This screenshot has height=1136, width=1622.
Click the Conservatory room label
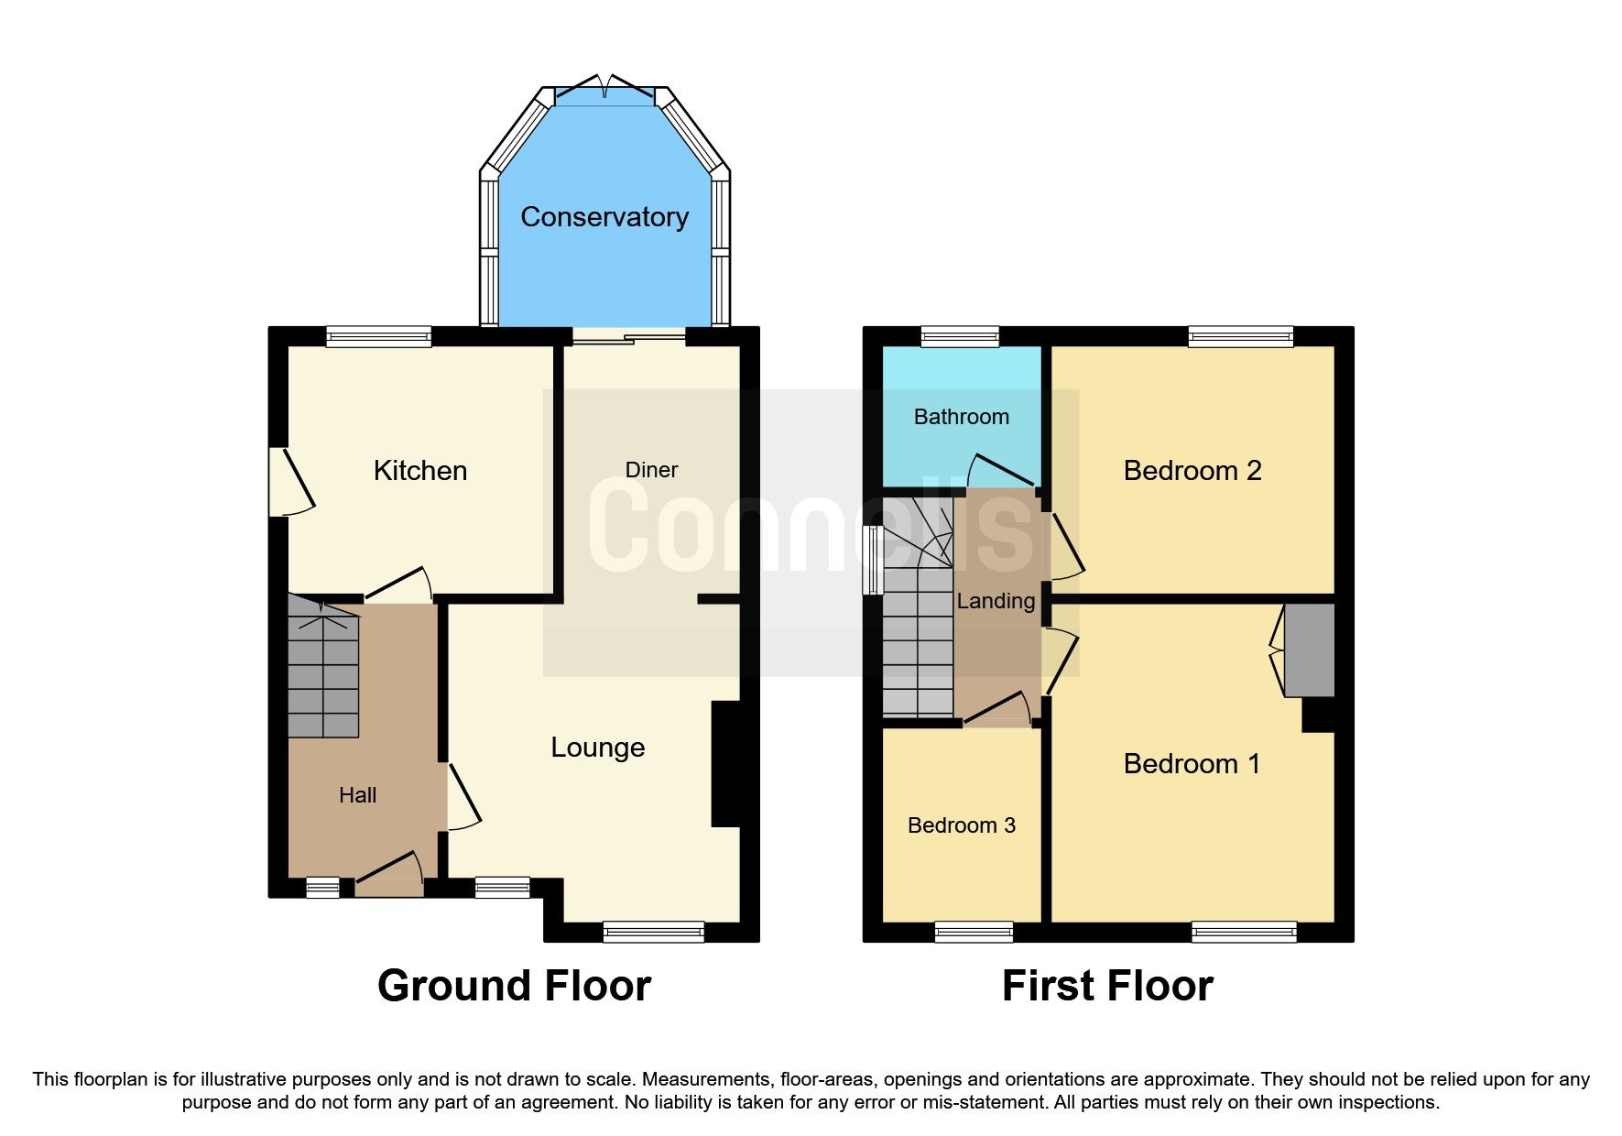tap(604, 217)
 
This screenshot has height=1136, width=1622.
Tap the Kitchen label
tap(420, 471)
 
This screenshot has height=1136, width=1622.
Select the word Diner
tap(651, 470)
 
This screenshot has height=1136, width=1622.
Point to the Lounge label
tap(597, 748)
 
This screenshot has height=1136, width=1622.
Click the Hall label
tap(357, 795)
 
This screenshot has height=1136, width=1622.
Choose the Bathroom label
tap(961, 417)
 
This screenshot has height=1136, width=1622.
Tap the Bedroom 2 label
tap(1192, 471)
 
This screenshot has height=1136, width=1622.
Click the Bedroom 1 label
tap(1192, 764)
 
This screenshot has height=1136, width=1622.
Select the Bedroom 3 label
tap(961, 825)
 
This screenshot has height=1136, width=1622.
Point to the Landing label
tap(996, 601)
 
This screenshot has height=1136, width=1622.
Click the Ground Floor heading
tap(514, 987)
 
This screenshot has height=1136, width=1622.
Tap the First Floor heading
tap(1106, 987)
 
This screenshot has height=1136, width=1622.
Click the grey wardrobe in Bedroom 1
tap(1310, 650)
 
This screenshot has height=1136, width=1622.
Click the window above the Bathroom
tap(960, 337)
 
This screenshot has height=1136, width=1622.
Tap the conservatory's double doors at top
tap(605, 89)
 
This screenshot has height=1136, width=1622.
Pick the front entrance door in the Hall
tap(389, 875)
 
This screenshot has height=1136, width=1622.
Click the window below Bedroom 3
tap(974, 933)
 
